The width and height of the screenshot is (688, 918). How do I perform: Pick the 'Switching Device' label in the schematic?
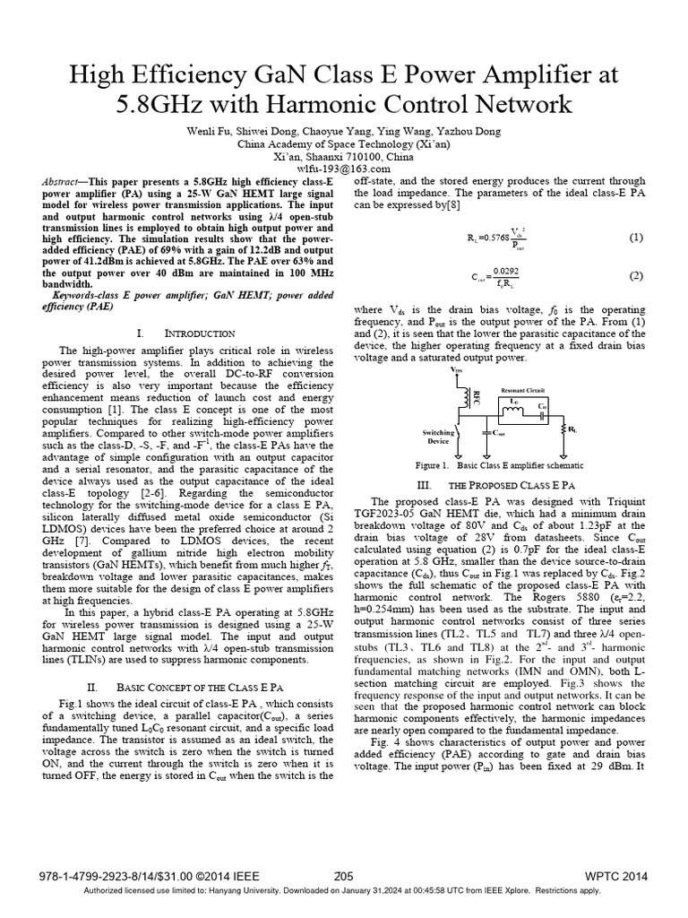click(x=438, y=436)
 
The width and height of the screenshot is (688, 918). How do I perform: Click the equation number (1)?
click(x=635, y=238)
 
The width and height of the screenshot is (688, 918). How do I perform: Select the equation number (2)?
click(x=635, y=275)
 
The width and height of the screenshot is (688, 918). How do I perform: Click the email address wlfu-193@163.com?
click(x=344, y=169)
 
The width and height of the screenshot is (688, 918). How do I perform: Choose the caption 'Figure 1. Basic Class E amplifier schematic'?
click(x=499, y=466)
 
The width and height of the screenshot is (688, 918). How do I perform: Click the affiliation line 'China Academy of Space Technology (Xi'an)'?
click(x=344, y=143)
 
